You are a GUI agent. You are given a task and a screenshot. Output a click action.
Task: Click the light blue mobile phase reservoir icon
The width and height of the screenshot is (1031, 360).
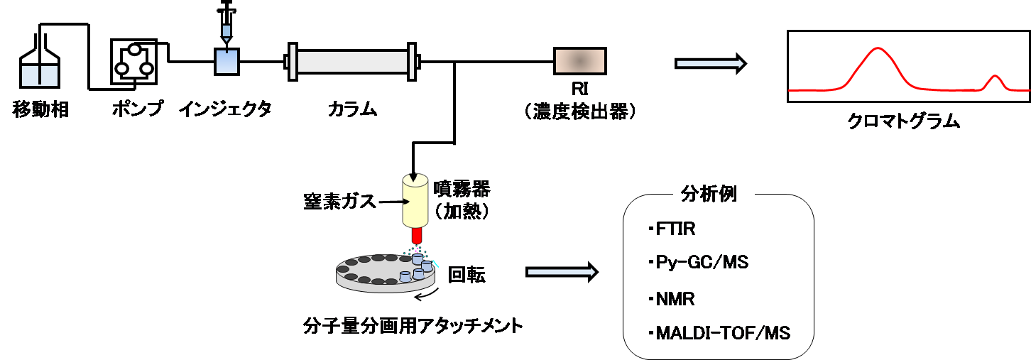(40, 76)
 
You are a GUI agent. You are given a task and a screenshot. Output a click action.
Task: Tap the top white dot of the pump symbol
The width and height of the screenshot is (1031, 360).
(134, 49)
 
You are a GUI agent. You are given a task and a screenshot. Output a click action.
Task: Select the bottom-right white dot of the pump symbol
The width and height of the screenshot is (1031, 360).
(147, 69)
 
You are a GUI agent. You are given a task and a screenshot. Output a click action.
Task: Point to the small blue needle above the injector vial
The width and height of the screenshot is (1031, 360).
(227, 31)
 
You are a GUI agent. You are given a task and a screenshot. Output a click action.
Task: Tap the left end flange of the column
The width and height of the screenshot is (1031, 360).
(292, 62)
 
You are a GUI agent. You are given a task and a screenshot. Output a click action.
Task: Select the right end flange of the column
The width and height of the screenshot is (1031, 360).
(411, 62)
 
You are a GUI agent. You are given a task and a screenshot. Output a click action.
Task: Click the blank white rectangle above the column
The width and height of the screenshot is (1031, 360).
(305, 28)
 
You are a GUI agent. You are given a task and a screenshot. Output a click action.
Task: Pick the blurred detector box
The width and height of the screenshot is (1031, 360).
(580, 61)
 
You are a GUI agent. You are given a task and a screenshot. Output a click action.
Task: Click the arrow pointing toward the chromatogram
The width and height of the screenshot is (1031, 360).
(709, 64)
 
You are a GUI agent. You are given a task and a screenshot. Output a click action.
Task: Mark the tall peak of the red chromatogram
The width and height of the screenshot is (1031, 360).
(878, 49)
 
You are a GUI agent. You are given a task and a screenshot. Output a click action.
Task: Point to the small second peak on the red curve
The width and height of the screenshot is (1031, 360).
(995, 76)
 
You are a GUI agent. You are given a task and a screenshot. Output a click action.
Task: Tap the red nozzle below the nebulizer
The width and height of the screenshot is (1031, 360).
(417, 234)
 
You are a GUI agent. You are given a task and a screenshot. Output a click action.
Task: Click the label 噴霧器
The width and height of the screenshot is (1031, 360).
(462, 189)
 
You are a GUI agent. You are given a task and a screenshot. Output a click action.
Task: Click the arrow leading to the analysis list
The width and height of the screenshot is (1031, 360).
(561, 272)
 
